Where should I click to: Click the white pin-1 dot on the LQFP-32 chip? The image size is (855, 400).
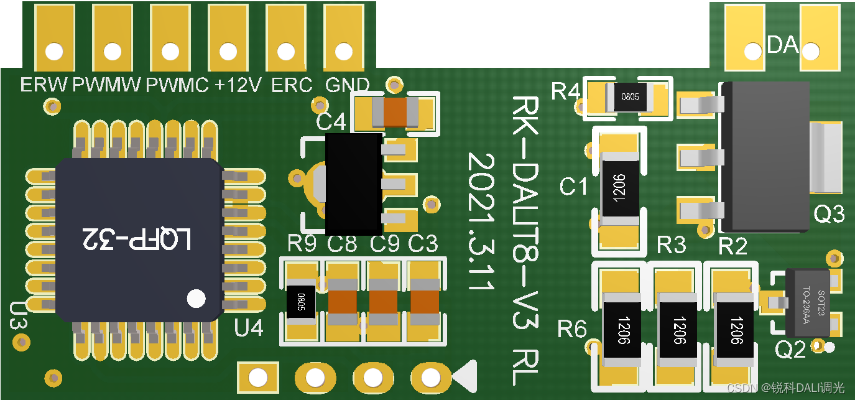coord(196,298)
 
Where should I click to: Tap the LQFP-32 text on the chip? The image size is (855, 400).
coord(138,239)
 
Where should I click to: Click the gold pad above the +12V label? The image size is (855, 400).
coord(228,38)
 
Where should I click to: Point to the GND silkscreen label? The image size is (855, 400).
coord(347,85)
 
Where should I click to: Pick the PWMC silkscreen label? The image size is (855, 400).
coord(177,85)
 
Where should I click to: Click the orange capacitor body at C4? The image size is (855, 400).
coord(395,113)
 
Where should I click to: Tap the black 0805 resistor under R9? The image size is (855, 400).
coord(300,302)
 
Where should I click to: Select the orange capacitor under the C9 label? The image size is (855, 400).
coord(383,302)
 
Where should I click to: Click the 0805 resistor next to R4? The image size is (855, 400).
coord(629,97)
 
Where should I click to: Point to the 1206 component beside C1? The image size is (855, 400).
coord(619,188)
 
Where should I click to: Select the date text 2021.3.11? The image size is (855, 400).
coord(481,221)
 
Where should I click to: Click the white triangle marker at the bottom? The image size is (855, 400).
coord(466,376)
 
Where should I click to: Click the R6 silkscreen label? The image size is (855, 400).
coord(571,328)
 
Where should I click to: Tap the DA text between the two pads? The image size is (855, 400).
coord(782,45)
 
